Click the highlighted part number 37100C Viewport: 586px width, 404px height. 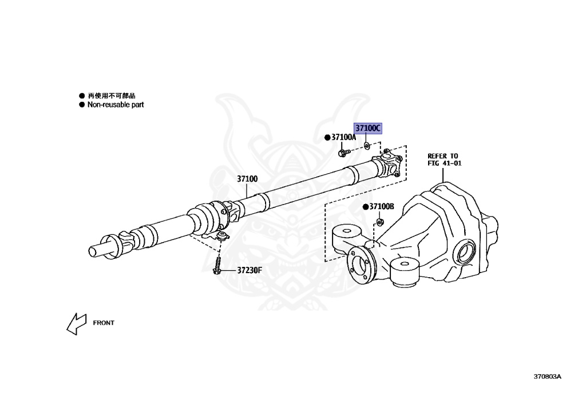367,129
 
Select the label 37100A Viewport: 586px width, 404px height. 343,138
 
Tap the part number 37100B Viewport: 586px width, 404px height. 382,206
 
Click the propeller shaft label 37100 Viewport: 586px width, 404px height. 247,179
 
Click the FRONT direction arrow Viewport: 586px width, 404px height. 76,323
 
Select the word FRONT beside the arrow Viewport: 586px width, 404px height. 104,323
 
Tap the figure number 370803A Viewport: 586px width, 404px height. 547,377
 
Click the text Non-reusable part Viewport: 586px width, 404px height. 115,105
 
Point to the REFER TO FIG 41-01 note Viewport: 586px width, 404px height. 444,159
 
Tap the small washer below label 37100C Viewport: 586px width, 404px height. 367,146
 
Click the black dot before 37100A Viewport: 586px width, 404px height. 327,138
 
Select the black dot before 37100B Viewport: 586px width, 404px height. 365,206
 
